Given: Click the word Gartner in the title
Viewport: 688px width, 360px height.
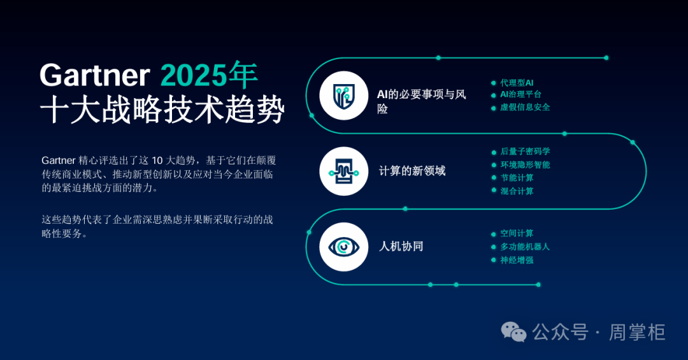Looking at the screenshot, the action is tap(95, 75).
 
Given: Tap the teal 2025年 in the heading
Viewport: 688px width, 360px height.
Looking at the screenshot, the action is tap(210, 75).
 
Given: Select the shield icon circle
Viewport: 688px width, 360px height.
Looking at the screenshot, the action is tap(343, 96).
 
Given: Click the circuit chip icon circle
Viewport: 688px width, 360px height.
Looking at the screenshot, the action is tap(343, 171).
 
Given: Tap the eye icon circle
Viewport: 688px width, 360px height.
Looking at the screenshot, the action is tap(343, 247).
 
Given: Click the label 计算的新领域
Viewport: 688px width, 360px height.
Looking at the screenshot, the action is tap(412, 171).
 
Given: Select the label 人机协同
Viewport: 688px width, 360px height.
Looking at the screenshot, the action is tap(401, 247).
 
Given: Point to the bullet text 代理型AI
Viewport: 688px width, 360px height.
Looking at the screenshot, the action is tap(517, 83).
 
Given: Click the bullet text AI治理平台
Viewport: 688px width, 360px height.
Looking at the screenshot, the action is tap(521, 94).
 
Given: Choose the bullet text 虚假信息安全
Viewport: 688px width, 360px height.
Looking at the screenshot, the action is tap(525, 107).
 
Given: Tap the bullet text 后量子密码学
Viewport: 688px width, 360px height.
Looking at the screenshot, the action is tap(525, 152).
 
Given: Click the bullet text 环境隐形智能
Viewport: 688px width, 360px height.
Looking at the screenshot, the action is tap(525, 164).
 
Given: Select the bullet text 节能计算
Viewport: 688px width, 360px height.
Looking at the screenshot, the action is tap(517, 178).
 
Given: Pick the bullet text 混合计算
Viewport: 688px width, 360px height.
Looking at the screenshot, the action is tap(517, 191).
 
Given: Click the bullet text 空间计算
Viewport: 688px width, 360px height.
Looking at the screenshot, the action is tap(517, 234).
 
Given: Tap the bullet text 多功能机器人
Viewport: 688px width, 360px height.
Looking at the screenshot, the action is tap(525, 247).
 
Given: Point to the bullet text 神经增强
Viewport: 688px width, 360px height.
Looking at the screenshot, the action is tap(517, 260).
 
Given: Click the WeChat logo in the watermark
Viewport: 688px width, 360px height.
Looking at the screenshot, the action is tap(514, 332).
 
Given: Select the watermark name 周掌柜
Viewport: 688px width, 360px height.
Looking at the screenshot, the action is tap(637, 333).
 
